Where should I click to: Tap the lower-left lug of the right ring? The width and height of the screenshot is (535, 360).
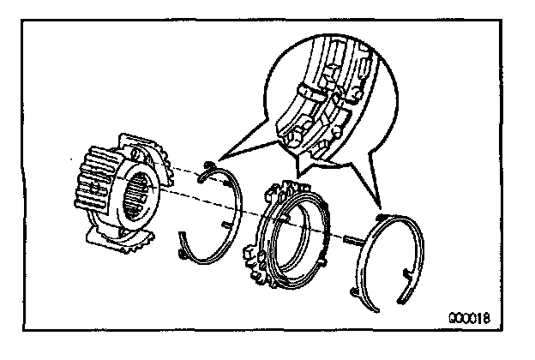359,292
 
